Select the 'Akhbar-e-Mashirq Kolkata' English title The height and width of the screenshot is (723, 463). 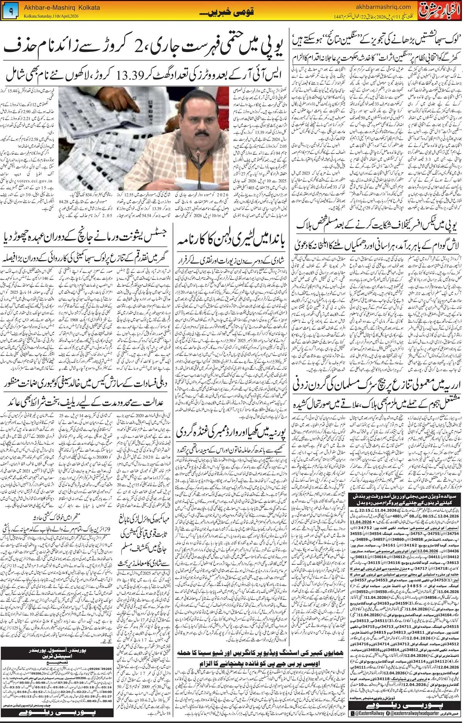[x=62, y=7]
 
